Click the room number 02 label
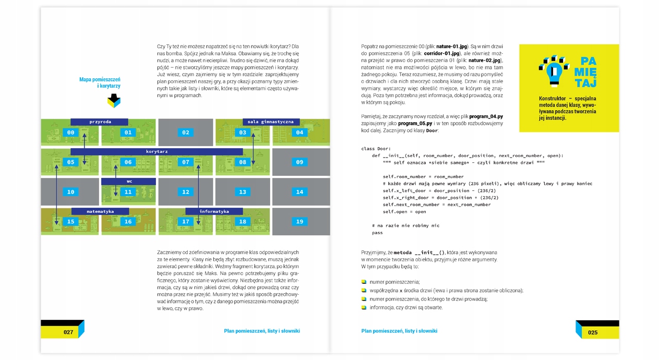pos(186,133)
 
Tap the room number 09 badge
pos(299,162)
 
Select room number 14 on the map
pos(299,192)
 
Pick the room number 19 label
pos(299,222)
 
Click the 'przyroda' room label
pos(100,122)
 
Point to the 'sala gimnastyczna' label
pos(270,122)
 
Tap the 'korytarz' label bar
pos(157,152)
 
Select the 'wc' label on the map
pos(128,182)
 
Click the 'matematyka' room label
pos(100,211)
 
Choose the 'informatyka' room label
pos(214,211)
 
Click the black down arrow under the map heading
pos(114,100)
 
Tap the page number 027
pos(68,332)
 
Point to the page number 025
pos(592,332)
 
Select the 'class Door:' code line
pos(376,149)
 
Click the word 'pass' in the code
pos(377,233)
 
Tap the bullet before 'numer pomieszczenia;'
pos(364,282)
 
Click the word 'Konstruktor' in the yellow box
pos(552,99)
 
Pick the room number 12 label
pos(186,192)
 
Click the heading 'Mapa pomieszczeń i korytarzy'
pos(100,82)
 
